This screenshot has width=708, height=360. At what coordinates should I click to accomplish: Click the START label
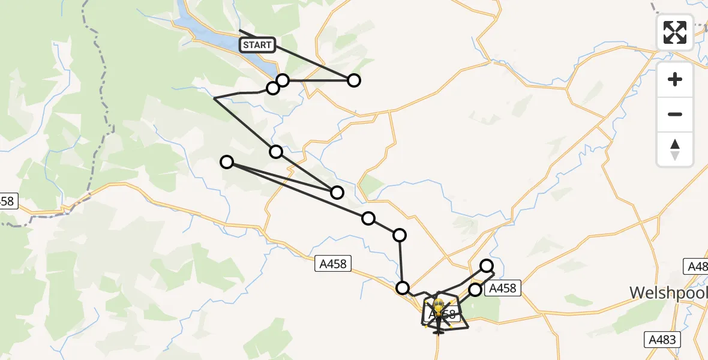coord(257,44)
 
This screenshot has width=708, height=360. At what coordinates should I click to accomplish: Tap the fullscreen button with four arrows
coord(675,32)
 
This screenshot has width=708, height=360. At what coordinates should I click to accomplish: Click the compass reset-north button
coord(675,149)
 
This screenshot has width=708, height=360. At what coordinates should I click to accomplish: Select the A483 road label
coord(663,340)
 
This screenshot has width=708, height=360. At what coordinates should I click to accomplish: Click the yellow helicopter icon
coord(438,307)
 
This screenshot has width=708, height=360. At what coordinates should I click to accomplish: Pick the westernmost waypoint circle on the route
coord(227,161)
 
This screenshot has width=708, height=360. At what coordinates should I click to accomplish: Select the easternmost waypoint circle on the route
coord(487,266)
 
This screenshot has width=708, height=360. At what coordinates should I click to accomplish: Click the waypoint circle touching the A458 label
coord(475,290)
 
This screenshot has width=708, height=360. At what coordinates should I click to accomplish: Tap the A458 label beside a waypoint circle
coord(501,289)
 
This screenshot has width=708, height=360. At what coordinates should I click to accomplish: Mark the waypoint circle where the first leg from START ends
coord(354,80)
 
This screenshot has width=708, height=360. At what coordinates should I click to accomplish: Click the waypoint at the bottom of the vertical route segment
coord(403,288)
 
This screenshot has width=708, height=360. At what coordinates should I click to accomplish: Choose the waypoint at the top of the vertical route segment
coord(400,235)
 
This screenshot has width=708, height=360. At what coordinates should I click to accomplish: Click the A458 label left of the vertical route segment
coord(333,263)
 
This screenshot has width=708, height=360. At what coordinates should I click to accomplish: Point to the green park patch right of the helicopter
coord(489,308)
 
